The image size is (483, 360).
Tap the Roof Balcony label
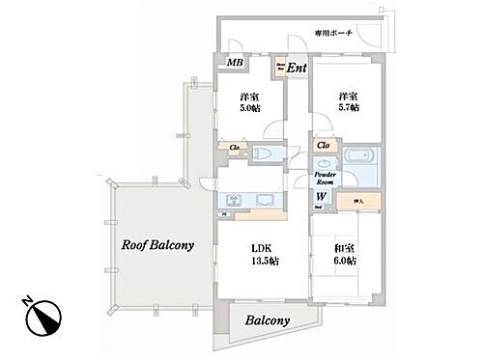pos(157,245)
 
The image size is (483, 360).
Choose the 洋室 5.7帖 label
pos(349,101)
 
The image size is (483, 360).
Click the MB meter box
pos(234,64)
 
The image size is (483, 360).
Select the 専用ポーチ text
pos(334,34)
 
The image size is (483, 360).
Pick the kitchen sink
pos(263,201)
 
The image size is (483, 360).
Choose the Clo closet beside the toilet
pos(233,148)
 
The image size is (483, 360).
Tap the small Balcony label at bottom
pos(263,320)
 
